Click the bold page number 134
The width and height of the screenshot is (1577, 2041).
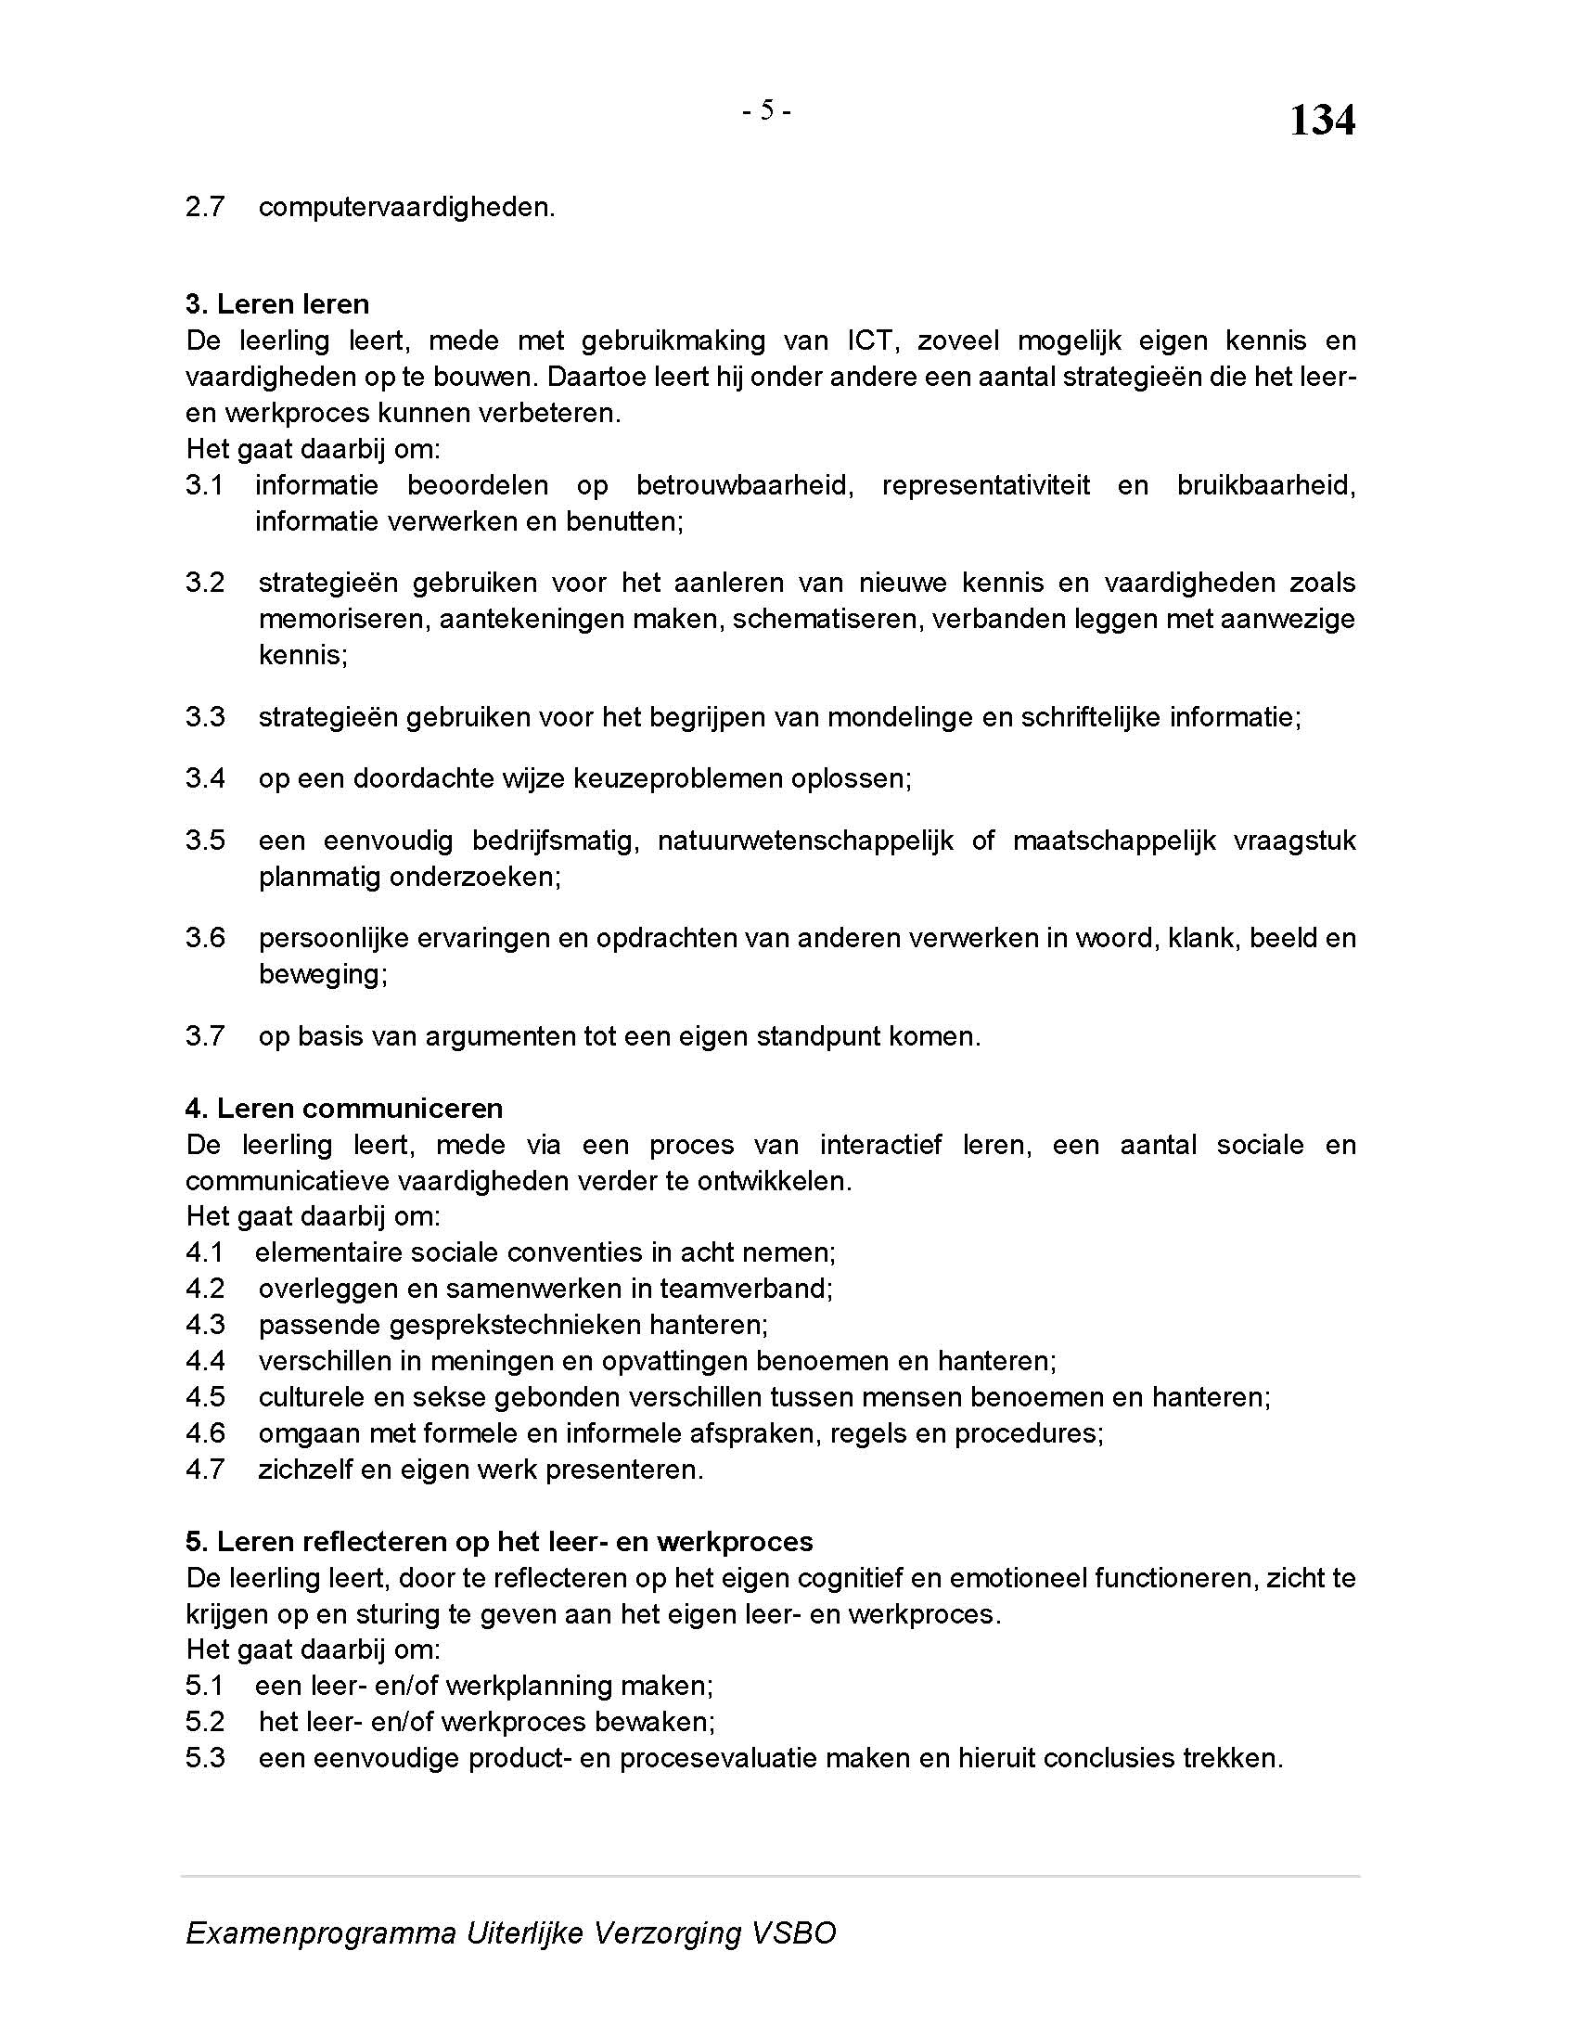1321,121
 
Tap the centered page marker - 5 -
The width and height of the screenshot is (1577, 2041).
766,111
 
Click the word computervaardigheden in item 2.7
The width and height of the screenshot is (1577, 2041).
405,208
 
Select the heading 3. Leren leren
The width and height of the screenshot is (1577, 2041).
277,304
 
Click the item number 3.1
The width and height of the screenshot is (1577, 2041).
205,486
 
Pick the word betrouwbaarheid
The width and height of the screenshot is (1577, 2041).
745,486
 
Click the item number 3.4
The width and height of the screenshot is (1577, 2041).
206,778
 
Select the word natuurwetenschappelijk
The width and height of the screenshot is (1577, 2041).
805,841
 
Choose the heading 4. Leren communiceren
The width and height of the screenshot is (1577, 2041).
344,1109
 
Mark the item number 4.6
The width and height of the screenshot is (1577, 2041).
206,1433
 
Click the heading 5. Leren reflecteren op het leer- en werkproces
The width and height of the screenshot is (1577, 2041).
499,1542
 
